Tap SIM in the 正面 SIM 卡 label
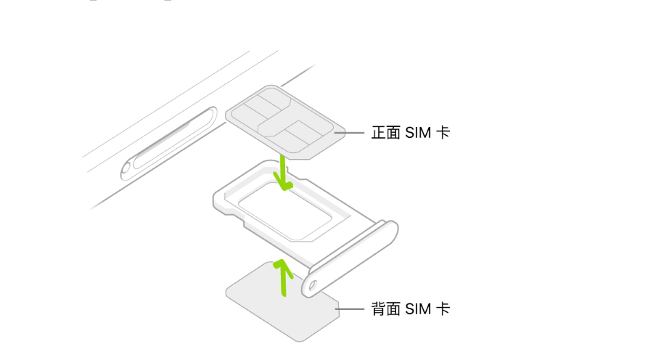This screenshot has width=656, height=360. (418, 134)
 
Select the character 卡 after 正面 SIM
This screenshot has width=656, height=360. (443, 134)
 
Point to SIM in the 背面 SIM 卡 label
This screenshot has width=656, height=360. (418, 310)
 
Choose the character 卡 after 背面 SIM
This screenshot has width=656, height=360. (443, 310)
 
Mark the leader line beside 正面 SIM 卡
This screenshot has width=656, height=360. (349, 134)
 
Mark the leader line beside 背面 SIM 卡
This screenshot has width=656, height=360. (349, 310)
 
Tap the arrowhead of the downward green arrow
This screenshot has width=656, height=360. (286, 186)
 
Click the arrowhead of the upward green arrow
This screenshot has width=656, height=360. (281, 266)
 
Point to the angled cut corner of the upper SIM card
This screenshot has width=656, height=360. (311, 154)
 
